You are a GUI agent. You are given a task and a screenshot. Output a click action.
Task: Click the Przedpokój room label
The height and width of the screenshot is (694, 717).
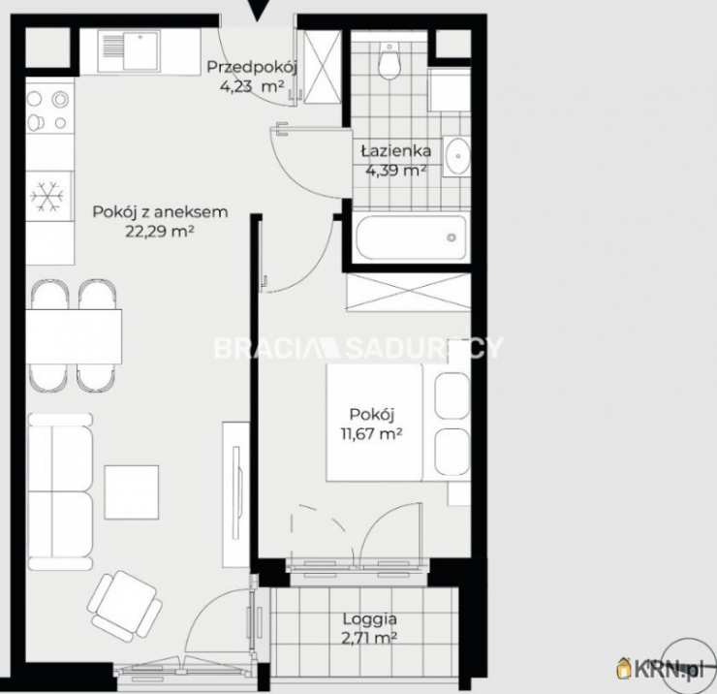pyautogui.click(x=252, y=67)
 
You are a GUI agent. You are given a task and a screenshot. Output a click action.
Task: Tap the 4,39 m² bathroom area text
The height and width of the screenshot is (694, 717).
pyautogui.click(x=396, y=171)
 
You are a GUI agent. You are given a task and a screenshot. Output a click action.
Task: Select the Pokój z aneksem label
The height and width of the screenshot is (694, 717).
pyautogui.click(x=160, y=212)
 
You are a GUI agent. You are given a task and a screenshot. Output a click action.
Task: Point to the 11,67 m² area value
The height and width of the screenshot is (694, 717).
pyautogui.click(x=371, y=433)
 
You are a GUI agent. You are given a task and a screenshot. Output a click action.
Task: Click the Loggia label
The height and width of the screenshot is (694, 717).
pyautogui.click(x=370, y=619)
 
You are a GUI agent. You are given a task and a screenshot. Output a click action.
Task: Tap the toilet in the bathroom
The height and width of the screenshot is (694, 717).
pyautogui.click(x=390, y=60)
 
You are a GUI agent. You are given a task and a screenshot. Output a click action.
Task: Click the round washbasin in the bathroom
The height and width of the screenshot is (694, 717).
pyautogui.click(x=456, y=156)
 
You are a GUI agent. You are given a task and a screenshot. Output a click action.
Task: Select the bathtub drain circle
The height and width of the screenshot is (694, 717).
pyautogui.click(x=452, y=237)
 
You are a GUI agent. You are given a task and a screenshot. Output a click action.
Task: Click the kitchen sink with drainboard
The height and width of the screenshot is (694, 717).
pyautogui.click(x=131, y=50)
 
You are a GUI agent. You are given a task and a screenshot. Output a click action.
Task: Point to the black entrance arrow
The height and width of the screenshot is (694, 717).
pyautogui.click(x=259, y=10)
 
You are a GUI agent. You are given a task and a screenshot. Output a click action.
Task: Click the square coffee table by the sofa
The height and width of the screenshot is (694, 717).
pyautogui.click(x=132, y=492)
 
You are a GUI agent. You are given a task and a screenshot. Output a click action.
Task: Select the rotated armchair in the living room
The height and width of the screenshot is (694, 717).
pyautogui.click(x=124, y=605)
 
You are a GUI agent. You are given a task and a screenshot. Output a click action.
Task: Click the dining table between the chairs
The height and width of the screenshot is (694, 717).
pyautogui.click(x=74, y=336)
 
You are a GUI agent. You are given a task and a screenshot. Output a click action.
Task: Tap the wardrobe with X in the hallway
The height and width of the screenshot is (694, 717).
pyautogui.click(x=323, y=67)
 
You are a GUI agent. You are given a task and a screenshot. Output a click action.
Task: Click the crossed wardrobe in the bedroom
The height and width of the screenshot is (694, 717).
pyautogui.click(x=408, y=293)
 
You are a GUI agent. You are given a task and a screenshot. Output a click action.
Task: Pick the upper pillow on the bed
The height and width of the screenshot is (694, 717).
pyautogui.click(x=452, y=396)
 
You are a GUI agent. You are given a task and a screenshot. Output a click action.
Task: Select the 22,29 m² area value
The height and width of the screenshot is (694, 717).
pyautogui.click(x=160, y=231)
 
